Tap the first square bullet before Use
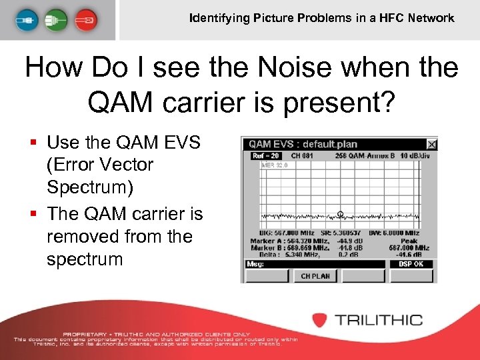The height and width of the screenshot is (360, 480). tap(33, 143)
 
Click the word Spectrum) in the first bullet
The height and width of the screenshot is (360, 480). tap(89, 187)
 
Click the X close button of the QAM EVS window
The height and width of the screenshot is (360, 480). tap(431, 144)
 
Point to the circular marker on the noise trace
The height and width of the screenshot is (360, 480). tap(340, 215)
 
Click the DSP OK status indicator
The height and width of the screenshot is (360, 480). tap(411, 264)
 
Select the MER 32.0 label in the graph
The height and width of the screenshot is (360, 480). tap(275, 165)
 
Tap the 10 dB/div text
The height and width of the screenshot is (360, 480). tap(417, 155)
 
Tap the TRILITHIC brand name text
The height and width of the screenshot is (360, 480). tap(378, 319)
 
